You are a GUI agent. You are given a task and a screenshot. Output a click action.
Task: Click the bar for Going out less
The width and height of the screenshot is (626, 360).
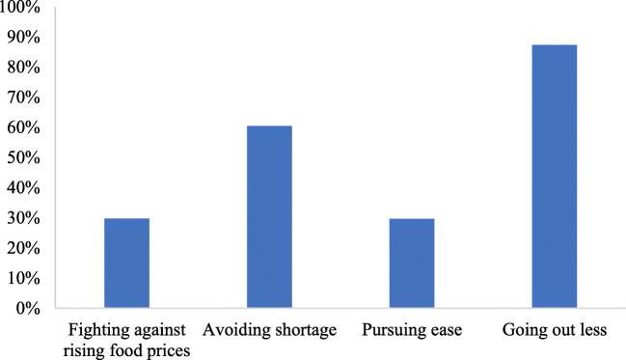click(x=554, y=177)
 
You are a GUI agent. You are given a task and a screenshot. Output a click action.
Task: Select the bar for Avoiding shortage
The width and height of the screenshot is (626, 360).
click(x=269, y=217)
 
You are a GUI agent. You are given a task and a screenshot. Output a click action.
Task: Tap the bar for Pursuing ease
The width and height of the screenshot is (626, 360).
click(x=411, y=263)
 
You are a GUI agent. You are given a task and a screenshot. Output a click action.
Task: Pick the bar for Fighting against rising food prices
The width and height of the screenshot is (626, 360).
click(x=126, y=263)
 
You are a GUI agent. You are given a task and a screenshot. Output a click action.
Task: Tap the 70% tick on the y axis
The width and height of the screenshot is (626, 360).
click(x=22, y=97)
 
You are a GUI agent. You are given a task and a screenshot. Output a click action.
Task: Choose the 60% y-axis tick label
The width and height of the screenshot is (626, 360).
click(x=22, y=127)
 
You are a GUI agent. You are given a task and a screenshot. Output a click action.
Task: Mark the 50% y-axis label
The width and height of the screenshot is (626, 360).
click(x=22, y=158)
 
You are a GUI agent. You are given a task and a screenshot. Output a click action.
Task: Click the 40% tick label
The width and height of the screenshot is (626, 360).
click(x=22, y=188)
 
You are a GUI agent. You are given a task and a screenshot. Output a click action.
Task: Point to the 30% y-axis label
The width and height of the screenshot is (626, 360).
click(x=22, y=218)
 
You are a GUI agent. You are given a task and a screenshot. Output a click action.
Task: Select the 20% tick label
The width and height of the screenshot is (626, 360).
click(x=22, y=248)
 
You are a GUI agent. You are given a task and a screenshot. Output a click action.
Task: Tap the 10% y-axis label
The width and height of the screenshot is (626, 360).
click(x=22, y=278)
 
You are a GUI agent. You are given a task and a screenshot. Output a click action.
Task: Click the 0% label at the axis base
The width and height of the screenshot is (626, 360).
click(x=26, y=309)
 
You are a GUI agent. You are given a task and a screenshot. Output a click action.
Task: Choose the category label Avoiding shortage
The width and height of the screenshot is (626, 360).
click(x=269, y=332)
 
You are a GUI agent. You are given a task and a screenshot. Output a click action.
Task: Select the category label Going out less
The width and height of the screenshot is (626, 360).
click(x=554, y=332)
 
